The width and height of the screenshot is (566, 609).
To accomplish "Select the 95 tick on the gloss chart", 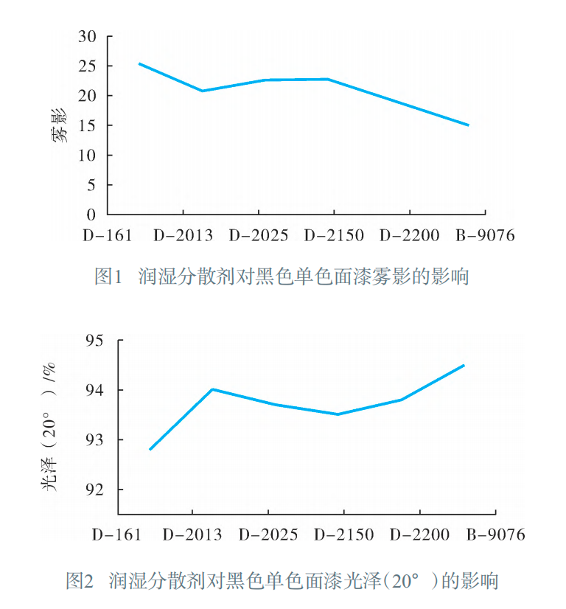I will coord(98,341).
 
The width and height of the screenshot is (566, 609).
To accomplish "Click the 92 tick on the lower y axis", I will coord(98,490).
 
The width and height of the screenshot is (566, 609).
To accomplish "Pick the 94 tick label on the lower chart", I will coord(98,390).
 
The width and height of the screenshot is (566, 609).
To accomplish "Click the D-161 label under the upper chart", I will coord(107,236).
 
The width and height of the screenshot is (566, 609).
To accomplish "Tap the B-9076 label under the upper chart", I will coord(484,236).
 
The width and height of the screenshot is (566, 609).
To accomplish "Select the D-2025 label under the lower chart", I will coord(268,535).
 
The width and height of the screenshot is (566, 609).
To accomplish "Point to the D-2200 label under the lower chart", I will coord(419,535).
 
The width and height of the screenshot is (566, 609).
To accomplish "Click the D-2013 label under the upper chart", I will coord(183,236).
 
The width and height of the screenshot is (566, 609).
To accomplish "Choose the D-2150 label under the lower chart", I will coord(343,535).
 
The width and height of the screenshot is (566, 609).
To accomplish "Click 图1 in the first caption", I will coord(108,277).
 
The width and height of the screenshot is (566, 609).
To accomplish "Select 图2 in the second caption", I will coord(79,581).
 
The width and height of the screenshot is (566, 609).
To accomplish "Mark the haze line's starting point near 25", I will coord(139,63).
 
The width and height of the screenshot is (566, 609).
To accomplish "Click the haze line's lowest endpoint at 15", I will coord(468,125).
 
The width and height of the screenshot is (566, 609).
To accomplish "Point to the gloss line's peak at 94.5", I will coord(464,365).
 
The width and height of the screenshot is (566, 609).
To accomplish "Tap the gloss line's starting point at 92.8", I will coord(150,449).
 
